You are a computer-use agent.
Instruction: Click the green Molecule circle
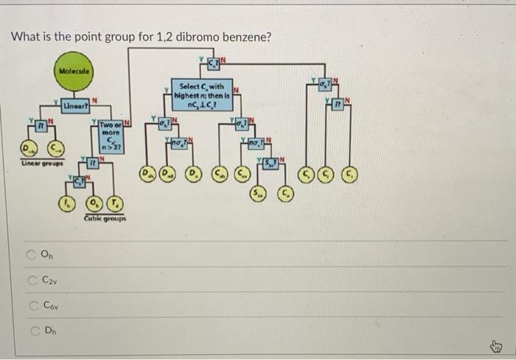(74, 71)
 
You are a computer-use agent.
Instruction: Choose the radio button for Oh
(32, 255)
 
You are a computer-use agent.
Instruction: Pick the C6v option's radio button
(32, 304)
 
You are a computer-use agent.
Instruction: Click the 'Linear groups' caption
(43, 163)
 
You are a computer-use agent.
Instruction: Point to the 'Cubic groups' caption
(105, 218)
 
